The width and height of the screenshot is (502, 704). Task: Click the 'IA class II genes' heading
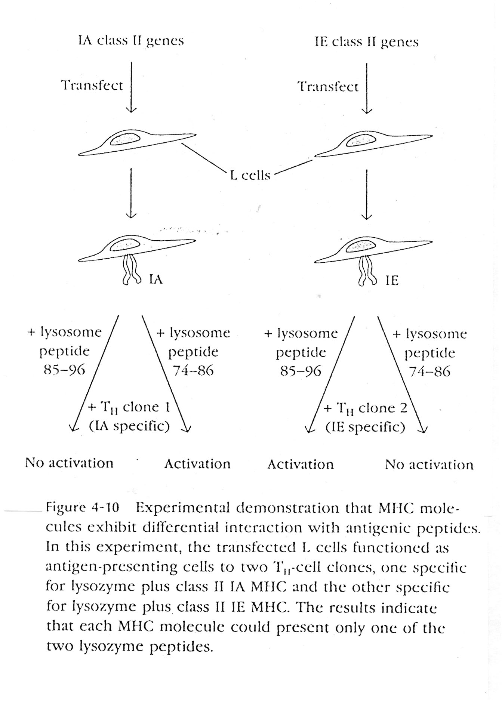pyautogui.click(x=131, y=41)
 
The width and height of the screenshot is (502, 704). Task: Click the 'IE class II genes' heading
pyautogui.click(x=366, y=41)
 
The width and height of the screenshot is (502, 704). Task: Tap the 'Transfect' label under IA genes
pyautogui.click(x=92, y=86)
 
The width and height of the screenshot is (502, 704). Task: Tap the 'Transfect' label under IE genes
pyautogui.click(x=328, y=87)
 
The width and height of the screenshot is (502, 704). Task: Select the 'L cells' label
pyautogui.click(x=250, y=175)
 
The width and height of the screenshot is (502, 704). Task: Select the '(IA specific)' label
pyautogui.click(x=129, y=426)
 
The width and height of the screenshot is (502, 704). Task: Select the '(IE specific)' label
pyautogui.click(x=365, y=427)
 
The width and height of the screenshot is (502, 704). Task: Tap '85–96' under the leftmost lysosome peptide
pyautogui.click(x=64, y=370)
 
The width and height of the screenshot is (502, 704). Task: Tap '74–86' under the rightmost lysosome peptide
pyautogui.click(x=430, y=371)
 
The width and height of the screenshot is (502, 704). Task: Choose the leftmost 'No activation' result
pyautogui.click(x=69, y=463)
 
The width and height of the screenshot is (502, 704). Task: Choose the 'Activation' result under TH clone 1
pyautogui.click(x=197, y=464)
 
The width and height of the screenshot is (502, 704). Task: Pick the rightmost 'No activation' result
pyautogui.click(x=429, y=465)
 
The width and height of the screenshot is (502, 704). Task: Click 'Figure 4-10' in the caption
pyautogui.click(x=82, y=507)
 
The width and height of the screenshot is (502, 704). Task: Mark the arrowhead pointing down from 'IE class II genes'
pyautogui.click(x=367, y=110)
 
